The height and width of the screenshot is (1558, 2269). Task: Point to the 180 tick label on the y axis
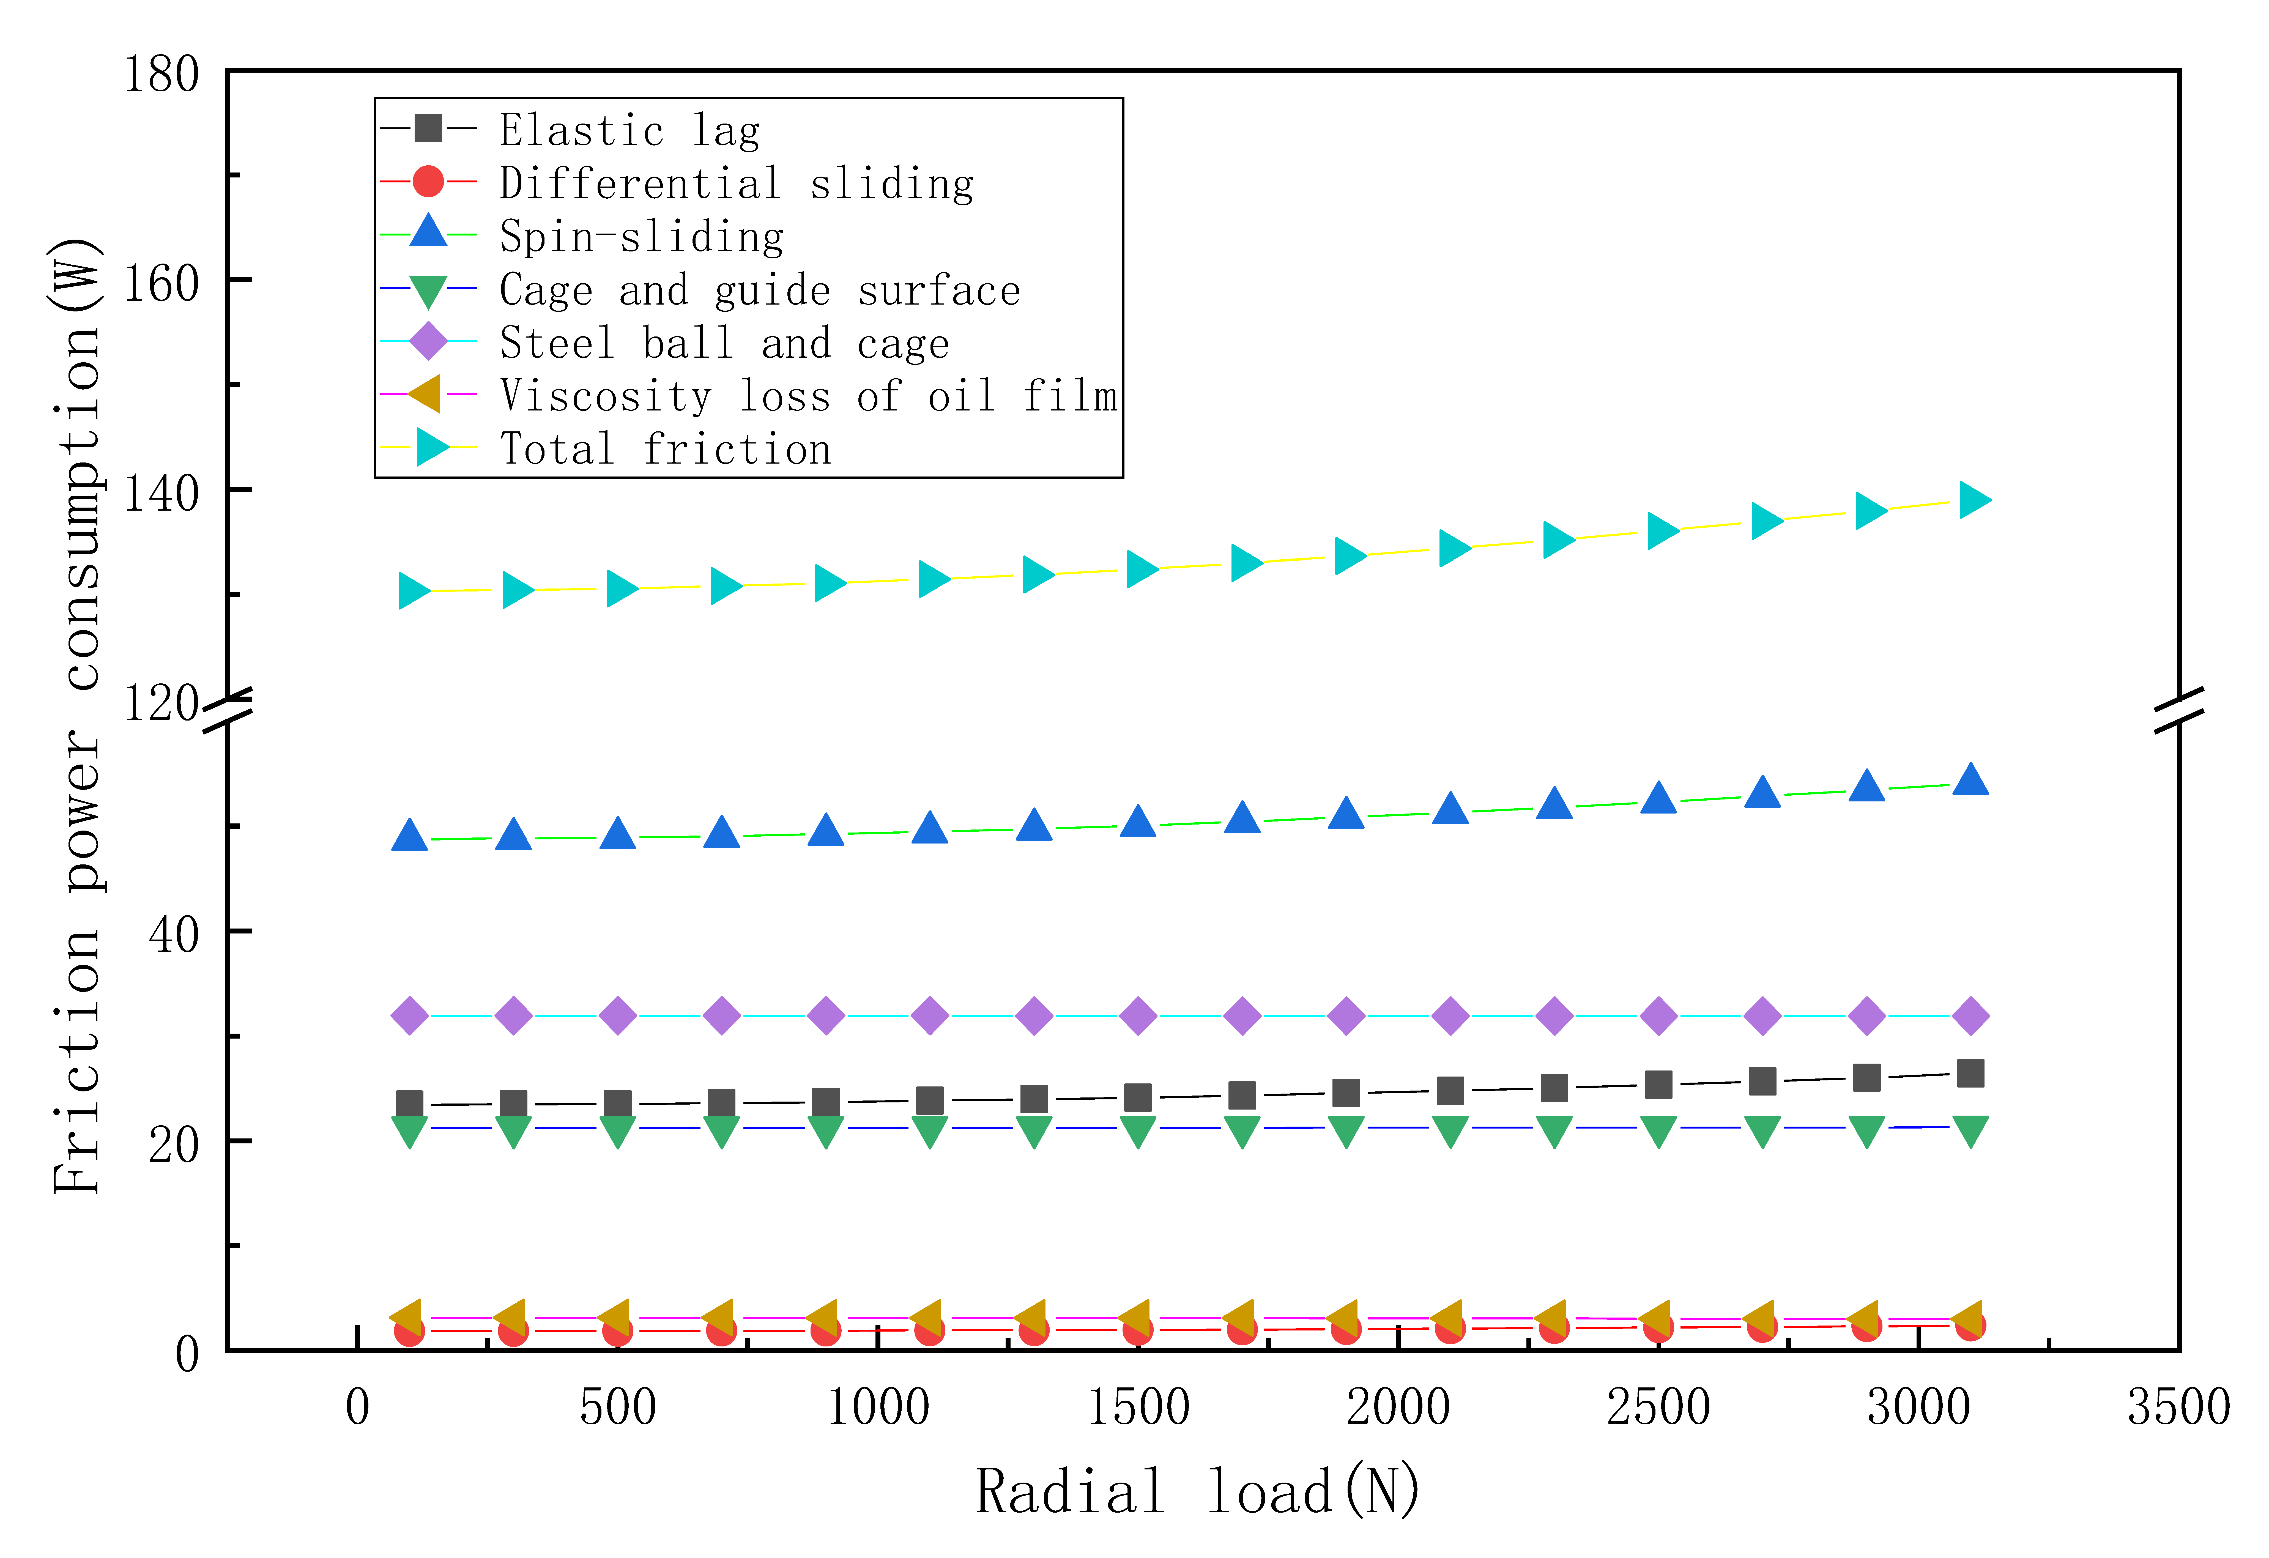point(161,75)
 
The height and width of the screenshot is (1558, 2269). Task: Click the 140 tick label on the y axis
point(161,494)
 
